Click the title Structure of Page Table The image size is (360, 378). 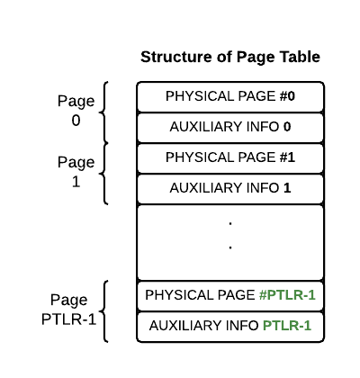click(230, 57)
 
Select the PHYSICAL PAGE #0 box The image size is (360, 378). click(230, 97)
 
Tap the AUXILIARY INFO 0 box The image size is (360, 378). click(230, 128)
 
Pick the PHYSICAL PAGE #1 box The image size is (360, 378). click(230, 158)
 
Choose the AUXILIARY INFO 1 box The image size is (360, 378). click(230, 189)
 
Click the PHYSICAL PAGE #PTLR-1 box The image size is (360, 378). click(230, 295)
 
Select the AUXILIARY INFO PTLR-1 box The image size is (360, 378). click(230, 327)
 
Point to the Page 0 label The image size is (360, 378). click(76, 111)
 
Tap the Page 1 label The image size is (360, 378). click(76, 172)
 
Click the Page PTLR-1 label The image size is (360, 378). click(68, 310)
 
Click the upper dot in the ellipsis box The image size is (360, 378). click(230, 223)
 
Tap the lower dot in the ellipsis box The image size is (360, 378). click(230, 247)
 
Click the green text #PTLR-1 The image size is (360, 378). click(287, 295)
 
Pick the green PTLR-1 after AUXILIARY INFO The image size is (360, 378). click(287, 326)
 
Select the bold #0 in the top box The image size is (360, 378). click(287, 96)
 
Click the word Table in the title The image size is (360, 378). click(300, 57)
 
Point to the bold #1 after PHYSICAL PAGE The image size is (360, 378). click(287, 157)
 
